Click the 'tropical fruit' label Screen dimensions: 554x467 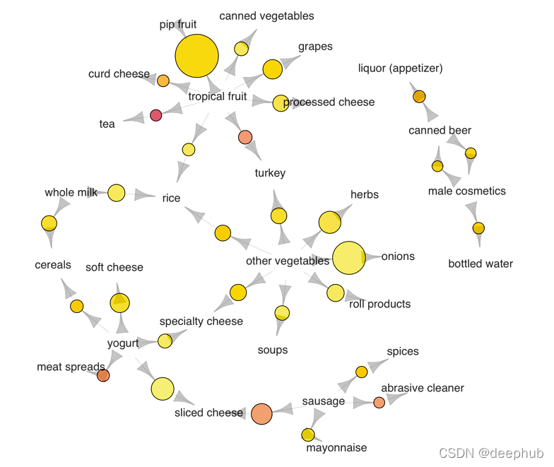[218, 97]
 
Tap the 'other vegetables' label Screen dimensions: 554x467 [288, 261]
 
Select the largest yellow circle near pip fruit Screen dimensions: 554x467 [196, 56]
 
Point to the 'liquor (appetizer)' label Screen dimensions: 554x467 [401, 69]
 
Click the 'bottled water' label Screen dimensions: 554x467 [481, 264]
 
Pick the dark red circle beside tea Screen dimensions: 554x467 [156, 115]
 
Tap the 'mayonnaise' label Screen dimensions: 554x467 [336, 448]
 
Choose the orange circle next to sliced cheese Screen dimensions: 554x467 [261, 413]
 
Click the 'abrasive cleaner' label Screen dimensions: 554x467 [423, 388]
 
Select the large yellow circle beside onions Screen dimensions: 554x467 [348, 258]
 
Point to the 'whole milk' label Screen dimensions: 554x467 [71, 192]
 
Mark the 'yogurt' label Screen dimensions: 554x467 [123, 344]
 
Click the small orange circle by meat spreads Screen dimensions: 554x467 [103, 375]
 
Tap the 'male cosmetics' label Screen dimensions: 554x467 [467, 191]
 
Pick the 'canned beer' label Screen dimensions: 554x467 [440, 131]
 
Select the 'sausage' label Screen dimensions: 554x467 [324, 401]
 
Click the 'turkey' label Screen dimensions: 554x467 [270, 173]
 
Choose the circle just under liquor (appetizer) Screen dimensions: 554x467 [419, 96]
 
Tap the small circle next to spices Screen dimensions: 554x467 [361, 372]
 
